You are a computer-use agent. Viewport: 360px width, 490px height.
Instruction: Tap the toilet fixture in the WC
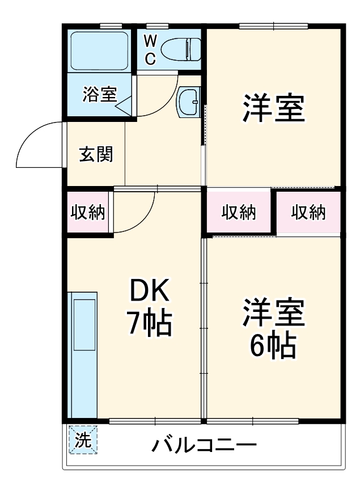[x=180, y=50]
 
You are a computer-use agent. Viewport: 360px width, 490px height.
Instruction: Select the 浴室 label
[x=99, y=95]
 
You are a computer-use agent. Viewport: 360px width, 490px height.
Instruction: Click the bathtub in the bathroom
[x=99, y=50]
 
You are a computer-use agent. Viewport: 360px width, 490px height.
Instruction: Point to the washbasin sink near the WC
[x=188, y=102]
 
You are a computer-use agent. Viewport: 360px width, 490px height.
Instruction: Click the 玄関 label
[x=95, y=154]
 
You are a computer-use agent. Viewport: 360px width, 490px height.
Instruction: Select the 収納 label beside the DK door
[x=87, y=213]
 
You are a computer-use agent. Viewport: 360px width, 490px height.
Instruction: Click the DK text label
[x=149, y=292]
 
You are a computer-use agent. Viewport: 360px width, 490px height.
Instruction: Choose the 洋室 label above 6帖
[x=274, y=312]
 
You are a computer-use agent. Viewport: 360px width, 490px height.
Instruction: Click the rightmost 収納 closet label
[x=308, y=213]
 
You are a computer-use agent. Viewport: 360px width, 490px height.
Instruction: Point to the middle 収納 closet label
[x=239, y=213]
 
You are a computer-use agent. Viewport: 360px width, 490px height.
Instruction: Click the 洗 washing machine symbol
[x=83, y=441]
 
